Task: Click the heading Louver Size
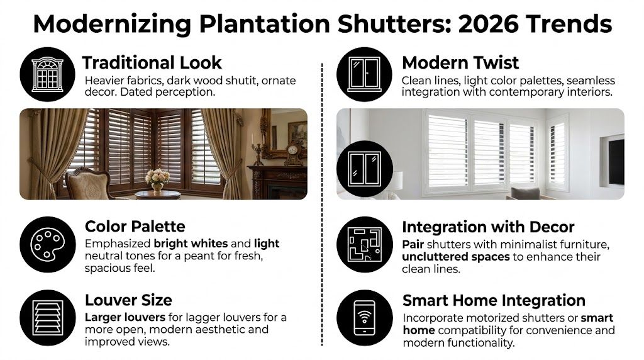(x=128, y=300)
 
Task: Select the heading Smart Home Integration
(x=494, y=300)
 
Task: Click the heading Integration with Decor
(x=488, y=227)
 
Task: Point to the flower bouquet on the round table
(x=157, y=179)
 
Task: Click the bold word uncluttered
(x=436, y=257)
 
